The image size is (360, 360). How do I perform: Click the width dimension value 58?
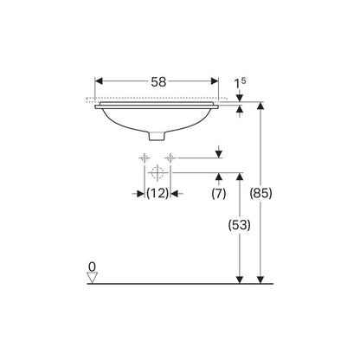tap(158, 82)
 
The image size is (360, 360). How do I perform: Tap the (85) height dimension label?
tap(260, 193)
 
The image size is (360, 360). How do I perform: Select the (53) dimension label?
tap(240, 225)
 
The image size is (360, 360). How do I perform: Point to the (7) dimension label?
tap(219, 194)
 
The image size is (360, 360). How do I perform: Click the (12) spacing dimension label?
tap(157, 193)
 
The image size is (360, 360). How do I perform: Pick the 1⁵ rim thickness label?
tap(240, 83)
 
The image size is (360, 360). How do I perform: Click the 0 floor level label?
tap(92, 267)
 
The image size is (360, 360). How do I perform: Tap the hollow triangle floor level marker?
tap(93, 278)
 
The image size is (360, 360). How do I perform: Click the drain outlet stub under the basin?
tap(157, 136)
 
